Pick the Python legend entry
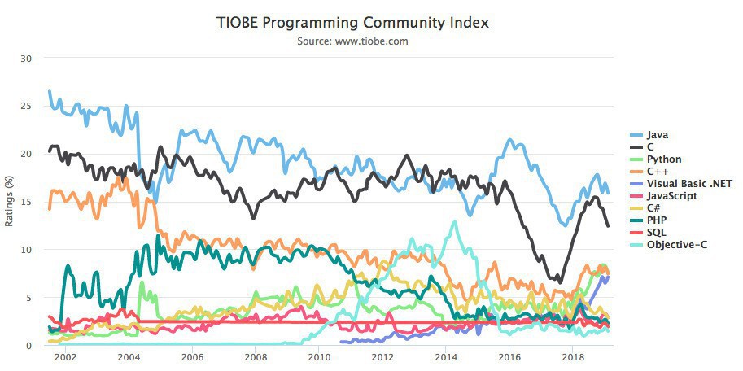[663, 159]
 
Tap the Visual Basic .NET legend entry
[688, 184]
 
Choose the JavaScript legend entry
[671, 196]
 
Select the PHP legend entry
[656, 220]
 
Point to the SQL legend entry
[656, 233]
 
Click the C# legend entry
[653, 208]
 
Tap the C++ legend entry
[656, 172]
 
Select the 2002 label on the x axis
[65, 357]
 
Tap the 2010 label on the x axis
[319, 357]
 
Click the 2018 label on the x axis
[573, 357]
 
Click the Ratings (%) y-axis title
[9, 202]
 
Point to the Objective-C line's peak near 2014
[454, 222]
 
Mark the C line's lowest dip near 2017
[559, 282]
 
